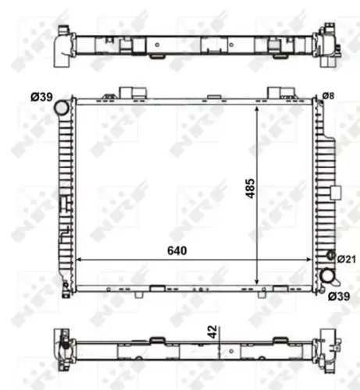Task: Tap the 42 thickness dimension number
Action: [x=211, y=333]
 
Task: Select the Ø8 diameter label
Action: [x=328, y=96]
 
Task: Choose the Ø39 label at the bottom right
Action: [x=338, y=296]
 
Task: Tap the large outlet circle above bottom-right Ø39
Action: [x=327, y=276]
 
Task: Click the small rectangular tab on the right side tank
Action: [x=336, y=193]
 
